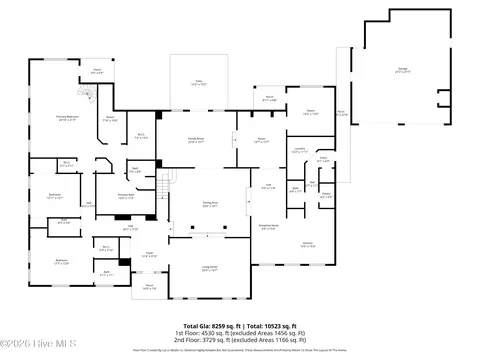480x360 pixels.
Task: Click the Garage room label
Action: pyautogui.click(x=402, y=71)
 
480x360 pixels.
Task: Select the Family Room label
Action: pyautogui.click(x=197, y=140)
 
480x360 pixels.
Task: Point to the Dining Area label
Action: pyautogui.click(x=197, y=204)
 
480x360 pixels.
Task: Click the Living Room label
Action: pyautogui.click(x=209, y=269)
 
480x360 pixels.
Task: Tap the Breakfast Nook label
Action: pyautogui.click(x=268, y=227)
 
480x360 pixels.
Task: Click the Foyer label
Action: pyautogui.click(x=150, y=255)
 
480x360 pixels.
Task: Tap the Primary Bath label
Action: pyautogui.click(x=126, y=197)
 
